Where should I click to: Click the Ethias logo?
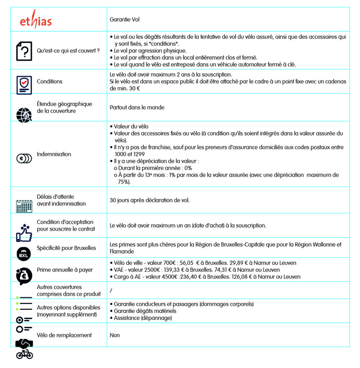point(36,21)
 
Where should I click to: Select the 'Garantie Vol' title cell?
point(124,19)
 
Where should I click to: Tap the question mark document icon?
point(24,51)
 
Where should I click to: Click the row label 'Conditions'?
point(50,82)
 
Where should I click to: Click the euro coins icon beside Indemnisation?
point(24,158)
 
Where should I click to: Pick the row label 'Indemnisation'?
point(54,154)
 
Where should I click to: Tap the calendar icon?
point(24,206)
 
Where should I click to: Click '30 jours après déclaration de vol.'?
point(150,200)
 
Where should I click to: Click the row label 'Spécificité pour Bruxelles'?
point(66,248)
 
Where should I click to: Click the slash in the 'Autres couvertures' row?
point(111,290)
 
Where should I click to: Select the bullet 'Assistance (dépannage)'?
point(143,318)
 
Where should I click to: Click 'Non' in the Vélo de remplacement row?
point(115,335)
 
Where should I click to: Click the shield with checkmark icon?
point(24,85)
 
